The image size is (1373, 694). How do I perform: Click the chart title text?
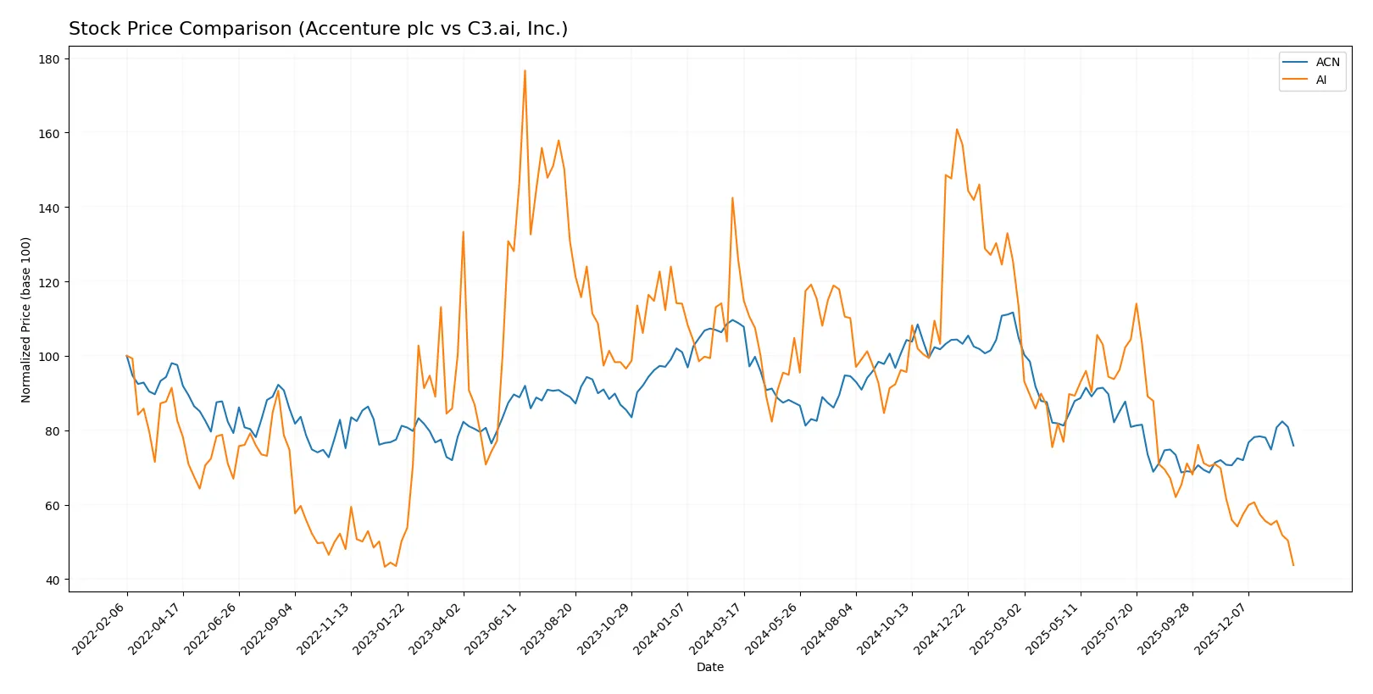[x=318, y=29]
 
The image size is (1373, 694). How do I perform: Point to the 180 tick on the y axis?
[x=49, y=59]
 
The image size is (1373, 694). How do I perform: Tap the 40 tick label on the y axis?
[x=53, y=580]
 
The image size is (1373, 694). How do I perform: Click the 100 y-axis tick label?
[x=49, y=357]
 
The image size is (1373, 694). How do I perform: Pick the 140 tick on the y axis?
[x=49, y=208]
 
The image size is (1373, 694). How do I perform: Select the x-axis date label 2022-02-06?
[x=99, y=628]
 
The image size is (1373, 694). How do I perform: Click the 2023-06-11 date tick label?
[x=491, y=628]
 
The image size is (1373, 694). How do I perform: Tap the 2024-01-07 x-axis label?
[x=659, y=628]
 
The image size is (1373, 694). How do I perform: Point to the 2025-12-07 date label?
[x=1220, y=628]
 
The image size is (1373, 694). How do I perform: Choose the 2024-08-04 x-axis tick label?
[x=827, y=628]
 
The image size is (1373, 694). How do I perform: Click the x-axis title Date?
[x=709, y=667]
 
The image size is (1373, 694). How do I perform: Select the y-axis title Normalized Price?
[x=26, y=319]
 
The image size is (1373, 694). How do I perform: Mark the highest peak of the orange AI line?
[x=525, y=70]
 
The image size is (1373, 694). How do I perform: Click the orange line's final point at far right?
[x=1293, y=565]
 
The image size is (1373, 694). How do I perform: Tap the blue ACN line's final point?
[x=1293, y=446]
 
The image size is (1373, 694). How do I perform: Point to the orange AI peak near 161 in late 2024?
[x=957, y=130]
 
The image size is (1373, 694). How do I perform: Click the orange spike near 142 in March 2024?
[x=732, y=198]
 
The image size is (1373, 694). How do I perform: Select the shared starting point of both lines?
[x=127, y=356]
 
